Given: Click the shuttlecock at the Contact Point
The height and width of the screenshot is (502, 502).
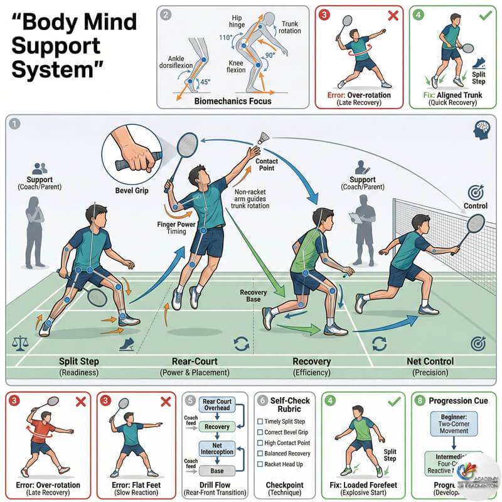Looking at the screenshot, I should [264, 138].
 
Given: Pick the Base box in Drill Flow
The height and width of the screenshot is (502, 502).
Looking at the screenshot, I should [217, 471].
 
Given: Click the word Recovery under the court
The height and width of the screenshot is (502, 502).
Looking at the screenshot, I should [312, 361].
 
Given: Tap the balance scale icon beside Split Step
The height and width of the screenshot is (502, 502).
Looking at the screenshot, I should [18, 343].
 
